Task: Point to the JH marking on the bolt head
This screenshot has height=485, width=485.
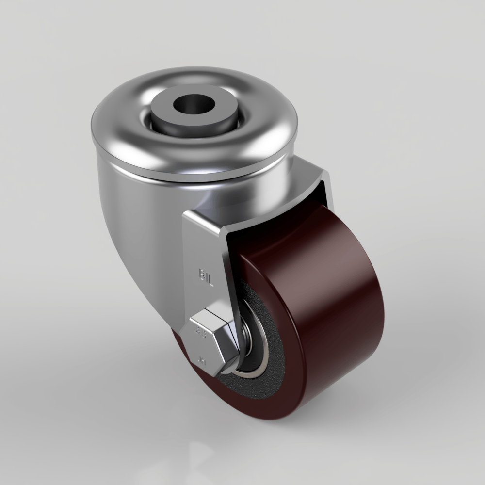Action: pos(202,360)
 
